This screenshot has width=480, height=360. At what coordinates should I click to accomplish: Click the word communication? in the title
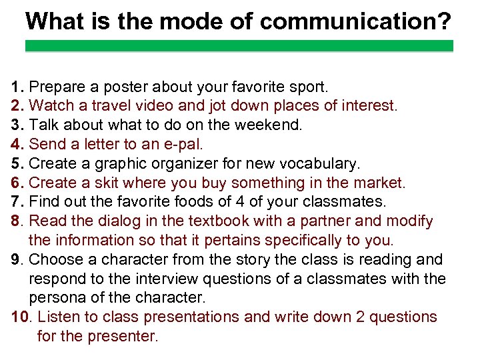pos(355,21)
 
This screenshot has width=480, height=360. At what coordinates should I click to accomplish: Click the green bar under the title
pos(239,46)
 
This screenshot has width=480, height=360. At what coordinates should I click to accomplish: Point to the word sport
pos(308,87)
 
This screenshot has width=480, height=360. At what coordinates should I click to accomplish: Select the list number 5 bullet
pos(17,163)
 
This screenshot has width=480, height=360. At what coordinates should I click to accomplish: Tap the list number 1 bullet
pos(17,87)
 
